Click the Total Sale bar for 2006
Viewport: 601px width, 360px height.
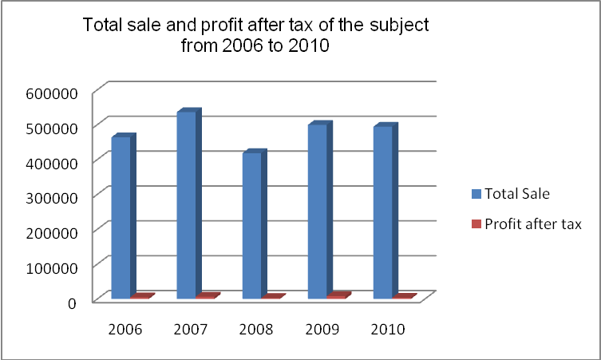[x=121, y=217]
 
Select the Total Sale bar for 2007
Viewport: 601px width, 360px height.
[x=185, y=204]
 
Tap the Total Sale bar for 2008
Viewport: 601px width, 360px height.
[x=251, y=225]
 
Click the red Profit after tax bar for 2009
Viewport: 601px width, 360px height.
[x=337, y=296]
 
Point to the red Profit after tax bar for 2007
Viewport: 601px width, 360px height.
[x=205, y=296]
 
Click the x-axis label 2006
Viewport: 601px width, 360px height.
[x=125, y=329]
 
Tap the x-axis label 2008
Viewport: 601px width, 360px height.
[x=257, y=329]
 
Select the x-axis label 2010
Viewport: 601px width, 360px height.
[x=388, y=329]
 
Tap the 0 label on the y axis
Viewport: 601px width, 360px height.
[x=72, y=302]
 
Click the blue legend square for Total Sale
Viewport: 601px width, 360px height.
[x=476, y=194]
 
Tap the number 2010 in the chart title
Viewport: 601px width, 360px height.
[x=306, y=46]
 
